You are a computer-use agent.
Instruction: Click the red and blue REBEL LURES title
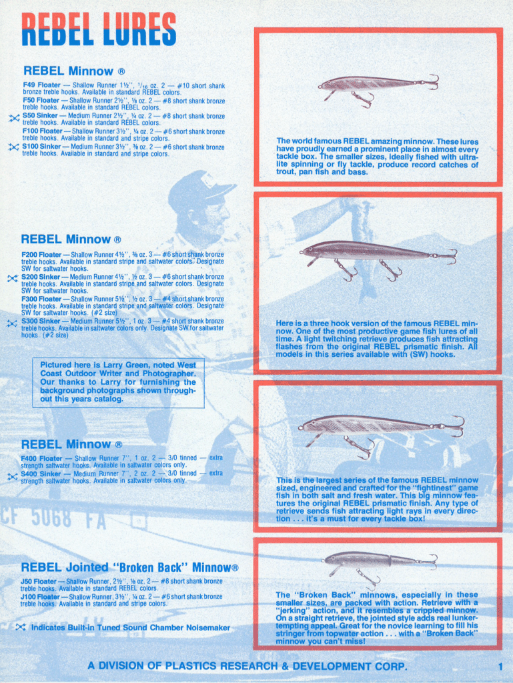coord(99,29)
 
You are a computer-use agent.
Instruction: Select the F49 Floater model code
coord(41,85)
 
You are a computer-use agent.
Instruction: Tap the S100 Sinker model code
coord(41,147)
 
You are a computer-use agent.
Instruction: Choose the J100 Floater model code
coord(38,596)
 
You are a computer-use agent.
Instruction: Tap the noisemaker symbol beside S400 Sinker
coord(12,476)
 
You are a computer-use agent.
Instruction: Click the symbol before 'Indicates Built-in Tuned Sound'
coord(21,627)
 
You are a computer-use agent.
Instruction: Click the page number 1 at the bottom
coord(500,666)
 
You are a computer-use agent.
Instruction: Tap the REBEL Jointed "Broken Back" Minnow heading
coord(129,568)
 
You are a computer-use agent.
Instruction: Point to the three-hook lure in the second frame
coord(377,253)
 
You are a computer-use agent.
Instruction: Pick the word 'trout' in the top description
coord(288,171)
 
